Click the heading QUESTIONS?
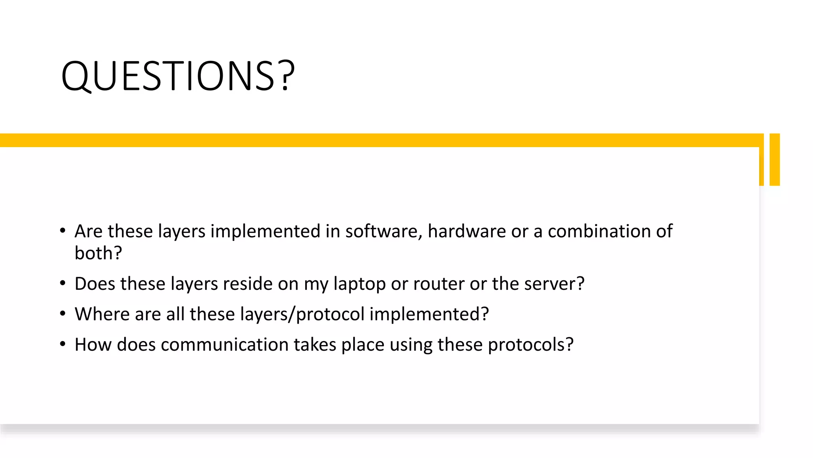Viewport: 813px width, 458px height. [178, 76]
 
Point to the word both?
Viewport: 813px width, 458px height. [98, 253]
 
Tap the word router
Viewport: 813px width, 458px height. [438, 284]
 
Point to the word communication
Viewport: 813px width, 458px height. [224, 345]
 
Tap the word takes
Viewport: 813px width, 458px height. [315, 345]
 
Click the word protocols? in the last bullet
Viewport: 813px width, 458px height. [530, 345]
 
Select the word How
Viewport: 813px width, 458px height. [93, 345]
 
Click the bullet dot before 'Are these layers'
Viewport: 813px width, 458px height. [63, 231]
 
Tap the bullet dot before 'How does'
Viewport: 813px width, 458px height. [63, 344]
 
